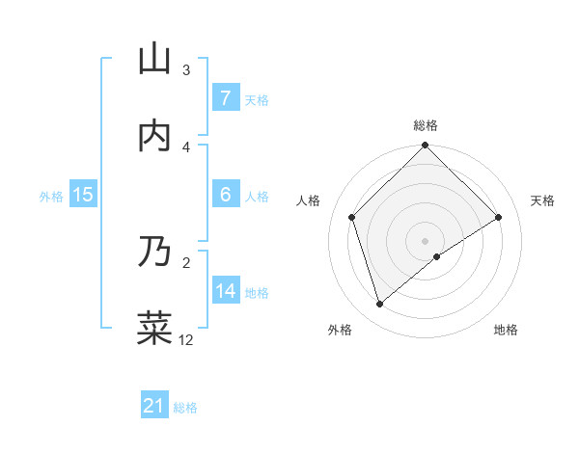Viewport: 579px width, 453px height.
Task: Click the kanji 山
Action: click(x=154, y=60)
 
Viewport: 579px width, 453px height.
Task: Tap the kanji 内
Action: click(x=154, y=136)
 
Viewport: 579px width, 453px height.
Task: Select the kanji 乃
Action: click(x=154, y=251)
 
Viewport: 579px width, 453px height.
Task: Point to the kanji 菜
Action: click(x=154, y=327)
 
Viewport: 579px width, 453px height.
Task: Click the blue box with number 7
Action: click(x=225, y=97)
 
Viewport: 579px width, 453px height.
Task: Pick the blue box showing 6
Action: click(x=225, y=195)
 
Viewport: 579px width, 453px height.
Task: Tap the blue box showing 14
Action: click(x=226, y=291)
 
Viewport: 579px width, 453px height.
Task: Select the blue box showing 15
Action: click(x=83, y=195)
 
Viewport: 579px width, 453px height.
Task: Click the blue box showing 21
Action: click(x=153, y=406)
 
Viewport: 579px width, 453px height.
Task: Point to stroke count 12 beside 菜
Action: click(x=186, y=339)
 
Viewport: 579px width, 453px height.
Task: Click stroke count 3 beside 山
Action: click(x=186, y=70)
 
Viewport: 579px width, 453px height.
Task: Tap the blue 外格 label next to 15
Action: click(x=51, y=196)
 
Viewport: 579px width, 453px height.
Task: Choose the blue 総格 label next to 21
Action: click(x=185, y=408)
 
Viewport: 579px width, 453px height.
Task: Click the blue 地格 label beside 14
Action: click(x=257, y=292)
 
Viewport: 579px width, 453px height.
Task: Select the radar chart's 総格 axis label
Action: click(x=426, y=125)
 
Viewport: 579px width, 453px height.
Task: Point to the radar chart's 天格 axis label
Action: click(x=543, y=200)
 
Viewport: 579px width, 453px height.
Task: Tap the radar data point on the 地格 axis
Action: click(x=437, y=256)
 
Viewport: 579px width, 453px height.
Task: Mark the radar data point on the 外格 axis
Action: click(x=380, y=305)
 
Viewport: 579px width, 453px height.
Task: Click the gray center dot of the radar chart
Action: click(x=426, y=240)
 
